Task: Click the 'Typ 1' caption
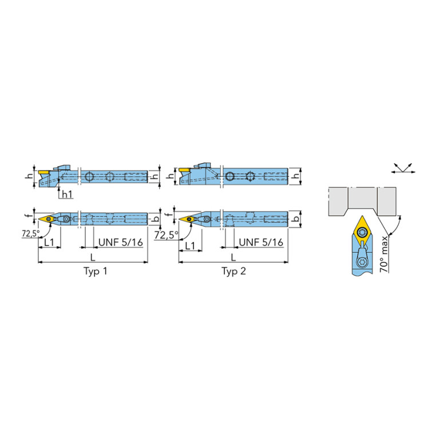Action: click(95, 271)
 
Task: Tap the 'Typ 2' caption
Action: click(234, 271)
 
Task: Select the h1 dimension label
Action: click(66, 194)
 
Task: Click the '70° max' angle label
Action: click(384, 254)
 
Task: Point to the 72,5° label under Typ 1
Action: click(31, 233)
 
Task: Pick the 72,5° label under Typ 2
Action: click(167, 235)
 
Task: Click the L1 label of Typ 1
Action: click(49, 242)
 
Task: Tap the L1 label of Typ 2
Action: click(190, 246)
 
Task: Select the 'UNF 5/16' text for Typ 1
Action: click(121, 242)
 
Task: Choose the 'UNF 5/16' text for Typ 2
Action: click(261, 242)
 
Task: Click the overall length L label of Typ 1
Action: click(93, 257)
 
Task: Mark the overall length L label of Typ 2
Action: click(233, 257)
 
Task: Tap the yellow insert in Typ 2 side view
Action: click(184, 170)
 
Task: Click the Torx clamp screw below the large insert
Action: click(362, 262)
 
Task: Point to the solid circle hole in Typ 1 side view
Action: click(89, 176)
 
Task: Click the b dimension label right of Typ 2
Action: click(296, 219)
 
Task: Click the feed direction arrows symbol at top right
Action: click(403, 168)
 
